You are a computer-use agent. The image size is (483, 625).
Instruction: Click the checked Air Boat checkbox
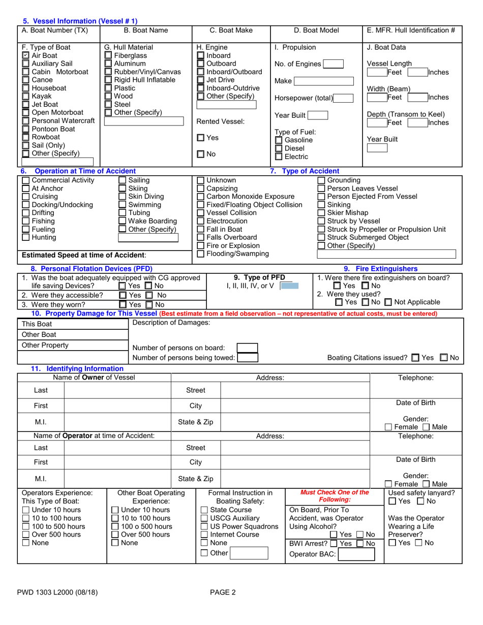[25, 56]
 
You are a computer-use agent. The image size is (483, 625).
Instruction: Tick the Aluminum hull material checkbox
[108, 64]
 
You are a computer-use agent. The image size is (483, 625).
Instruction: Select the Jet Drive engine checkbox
[200, 80]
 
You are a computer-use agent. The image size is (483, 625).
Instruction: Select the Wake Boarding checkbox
[122, 222]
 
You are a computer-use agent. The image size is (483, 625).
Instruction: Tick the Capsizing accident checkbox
[200, 189]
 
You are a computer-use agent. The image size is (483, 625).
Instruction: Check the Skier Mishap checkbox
[321, 213]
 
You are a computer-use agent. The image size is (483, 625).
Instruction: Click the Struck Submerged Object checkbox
[321, 238]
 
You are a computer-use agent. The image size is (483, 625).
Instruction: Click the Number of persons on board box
[248, 348]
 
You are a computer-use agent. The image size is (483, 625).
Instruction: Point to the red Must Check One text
[335, 496]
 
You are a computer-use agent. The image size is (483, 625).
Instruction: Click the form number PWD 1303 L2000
[57, 591]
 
